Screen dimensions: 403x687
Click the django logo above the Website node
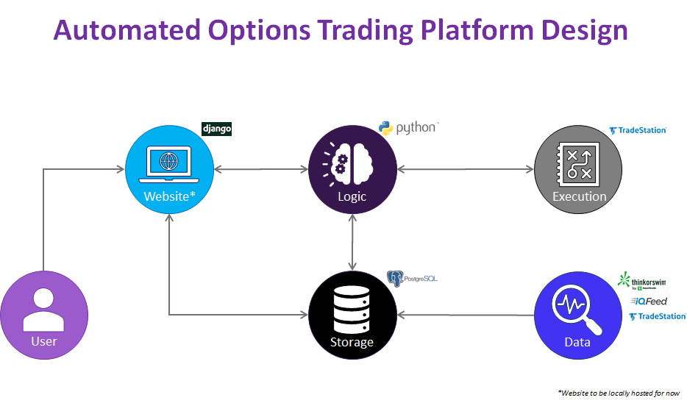coord(217,129)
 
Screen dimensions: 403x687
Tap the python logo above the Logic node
coord(408,128)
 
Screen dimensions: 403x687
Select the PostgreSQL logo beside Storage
coord(412,279)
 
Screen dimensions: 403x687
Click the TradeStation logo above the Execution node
coord(637,130)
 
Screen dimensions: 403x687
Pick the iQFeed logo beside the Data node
coord(648,302)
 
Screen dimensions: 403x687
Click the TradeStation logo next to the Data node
coord(657,316)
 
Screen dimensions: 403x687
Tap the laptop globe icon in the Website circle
coord(169,161)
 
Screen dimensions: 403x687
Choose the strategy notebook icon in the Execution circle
coord(579,163)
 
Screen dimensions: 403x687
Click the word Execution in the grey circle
coord(580,196)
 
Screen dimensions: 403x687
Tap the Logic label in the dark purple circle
coord(352,196)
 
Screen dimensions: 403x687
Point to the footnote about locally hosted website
coord(618,392)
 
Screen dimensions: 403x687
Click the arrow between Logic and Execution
coord(465,169)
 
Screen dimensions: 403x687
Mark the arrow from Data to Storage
coord(466,315)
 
